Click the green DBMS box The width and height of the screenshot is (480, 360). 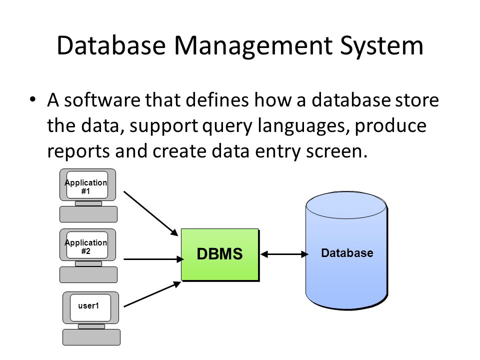coord(220,254)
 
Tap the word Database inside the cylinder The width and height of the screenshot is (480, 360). coord(347,253)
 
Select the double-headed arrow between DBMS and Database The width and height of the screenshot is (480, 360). coord(284,254)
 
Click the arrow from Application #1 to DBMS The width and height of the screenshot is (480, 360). coord(150,213)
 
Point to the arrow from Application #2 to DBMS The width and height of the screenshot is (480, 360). coord(153,259)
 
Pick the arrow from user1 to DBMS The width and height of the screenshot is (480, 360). coord(152,294)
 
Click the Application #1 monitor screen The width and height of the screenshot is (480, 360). coord(87,185)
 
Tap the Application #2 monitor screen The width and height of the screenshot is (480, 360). coord(87,245)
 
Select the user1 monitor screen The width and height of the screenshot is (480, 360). coord(90,307)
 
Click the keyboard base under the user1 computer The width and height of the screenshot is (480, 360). coord(91,337)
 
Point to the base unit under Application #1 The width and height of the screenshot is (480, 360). coord(88,214)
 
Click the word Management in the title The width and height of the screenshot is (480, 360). coord(253,46)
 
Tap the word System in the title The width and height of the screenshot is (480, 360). coord(381,46)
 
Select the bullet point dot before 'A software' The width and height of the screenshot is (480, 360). coord(33,99)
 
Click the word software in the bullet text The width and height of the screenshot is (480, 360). coord(102,100)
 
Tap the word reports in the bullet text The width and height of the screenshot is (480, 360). coord(78,152)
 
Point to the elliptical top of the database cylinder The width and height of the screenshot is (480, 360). coord(346,205)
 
